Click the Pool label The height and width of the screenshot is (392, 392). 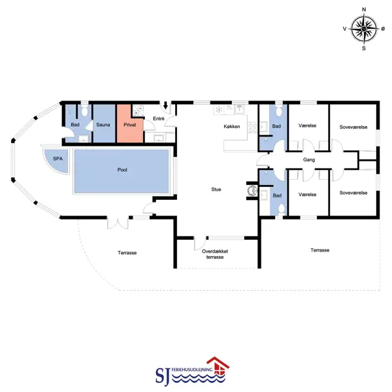[x=122, y=170]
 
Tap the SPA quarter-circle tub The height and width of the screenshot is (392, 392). [x=56, y=161]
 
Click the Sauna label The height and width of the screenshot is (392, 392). [x=103, y=125]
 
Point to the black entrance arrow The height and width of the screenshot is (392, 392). [x=165, y=105]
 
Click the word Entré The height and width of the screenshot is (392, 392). [x=159, y=118]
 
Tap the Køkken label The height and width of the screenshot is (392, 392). [x=232, y=127]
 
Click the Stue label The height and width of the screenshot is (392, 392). [x=216, y=189]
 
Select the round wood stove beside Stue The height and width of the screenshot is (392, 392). [x=252, y=191]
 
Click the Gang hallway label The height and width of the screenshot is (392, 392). [x=309, y=160]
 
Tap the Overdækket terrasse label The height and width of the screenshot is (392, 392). [x=215, y=254]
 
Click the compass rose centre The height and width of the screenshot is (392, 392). [x=364, y=29]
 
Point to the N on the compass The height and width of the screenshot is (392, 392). [x=364, y=10]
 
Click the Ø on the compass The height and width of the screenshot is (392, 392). [x=383, y=29]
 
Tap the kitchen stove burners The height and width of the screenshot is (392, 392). [x=252, y=127]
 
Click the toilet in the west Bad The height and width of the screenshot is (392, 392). [x=84, y=111]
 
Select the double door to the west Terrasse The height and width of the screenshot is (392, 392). [x=118, y=223]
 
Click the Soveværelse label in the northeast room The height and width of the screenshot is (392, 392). [x=353, y=127]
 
